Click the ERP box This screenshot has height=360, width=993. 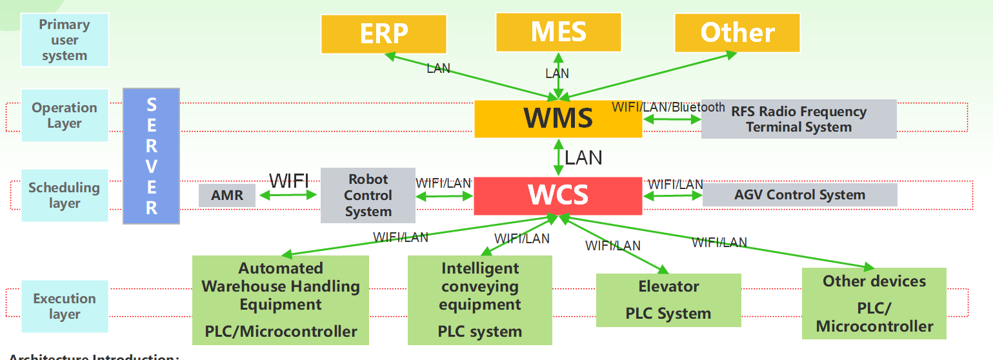(x=384, y=34)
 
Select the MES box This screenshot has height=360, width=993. (x=558, y=32)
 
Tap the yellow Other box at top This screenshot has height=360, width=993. (x=737, y=32)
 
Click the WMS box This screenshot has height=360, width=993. (x=558, y=119)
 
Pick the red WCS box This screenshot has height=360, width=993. (x=558, y=195)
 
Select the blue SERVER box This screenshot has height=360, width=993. (x=151, y=156)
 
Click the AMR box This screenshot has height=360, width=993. (x=227, y=195)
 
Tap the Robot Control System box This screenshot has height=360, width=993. (x=368, y=195)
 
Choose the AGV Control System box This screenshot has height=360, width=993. (x=799, y=195)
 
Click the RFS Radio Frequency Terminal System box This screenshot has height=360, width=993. (x=799, y=119)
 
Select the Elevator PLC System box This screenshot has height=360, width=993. (x=668, y=300)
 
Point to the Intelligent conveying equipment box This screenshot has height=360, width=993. (x=480, y=300)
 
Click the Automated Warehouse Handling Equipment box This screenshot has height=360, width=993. (x=281, y=300)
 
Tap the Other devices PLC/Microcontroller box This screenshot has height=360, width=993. (x=874, y=303)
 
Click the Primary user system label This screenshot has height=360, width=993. (x=65, y=40)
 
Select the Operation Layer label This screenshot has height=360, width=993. (x=65, y=115)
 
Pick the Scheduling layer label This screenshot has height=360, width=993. (x=65, y=195)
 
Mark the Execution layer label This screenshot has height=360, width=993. (x=65, y=306)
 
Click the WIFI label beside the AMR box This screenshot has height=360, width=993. (x=288, y=181)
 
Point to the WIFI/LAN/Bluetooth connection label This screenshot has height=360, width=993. (x=668, y=107)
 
